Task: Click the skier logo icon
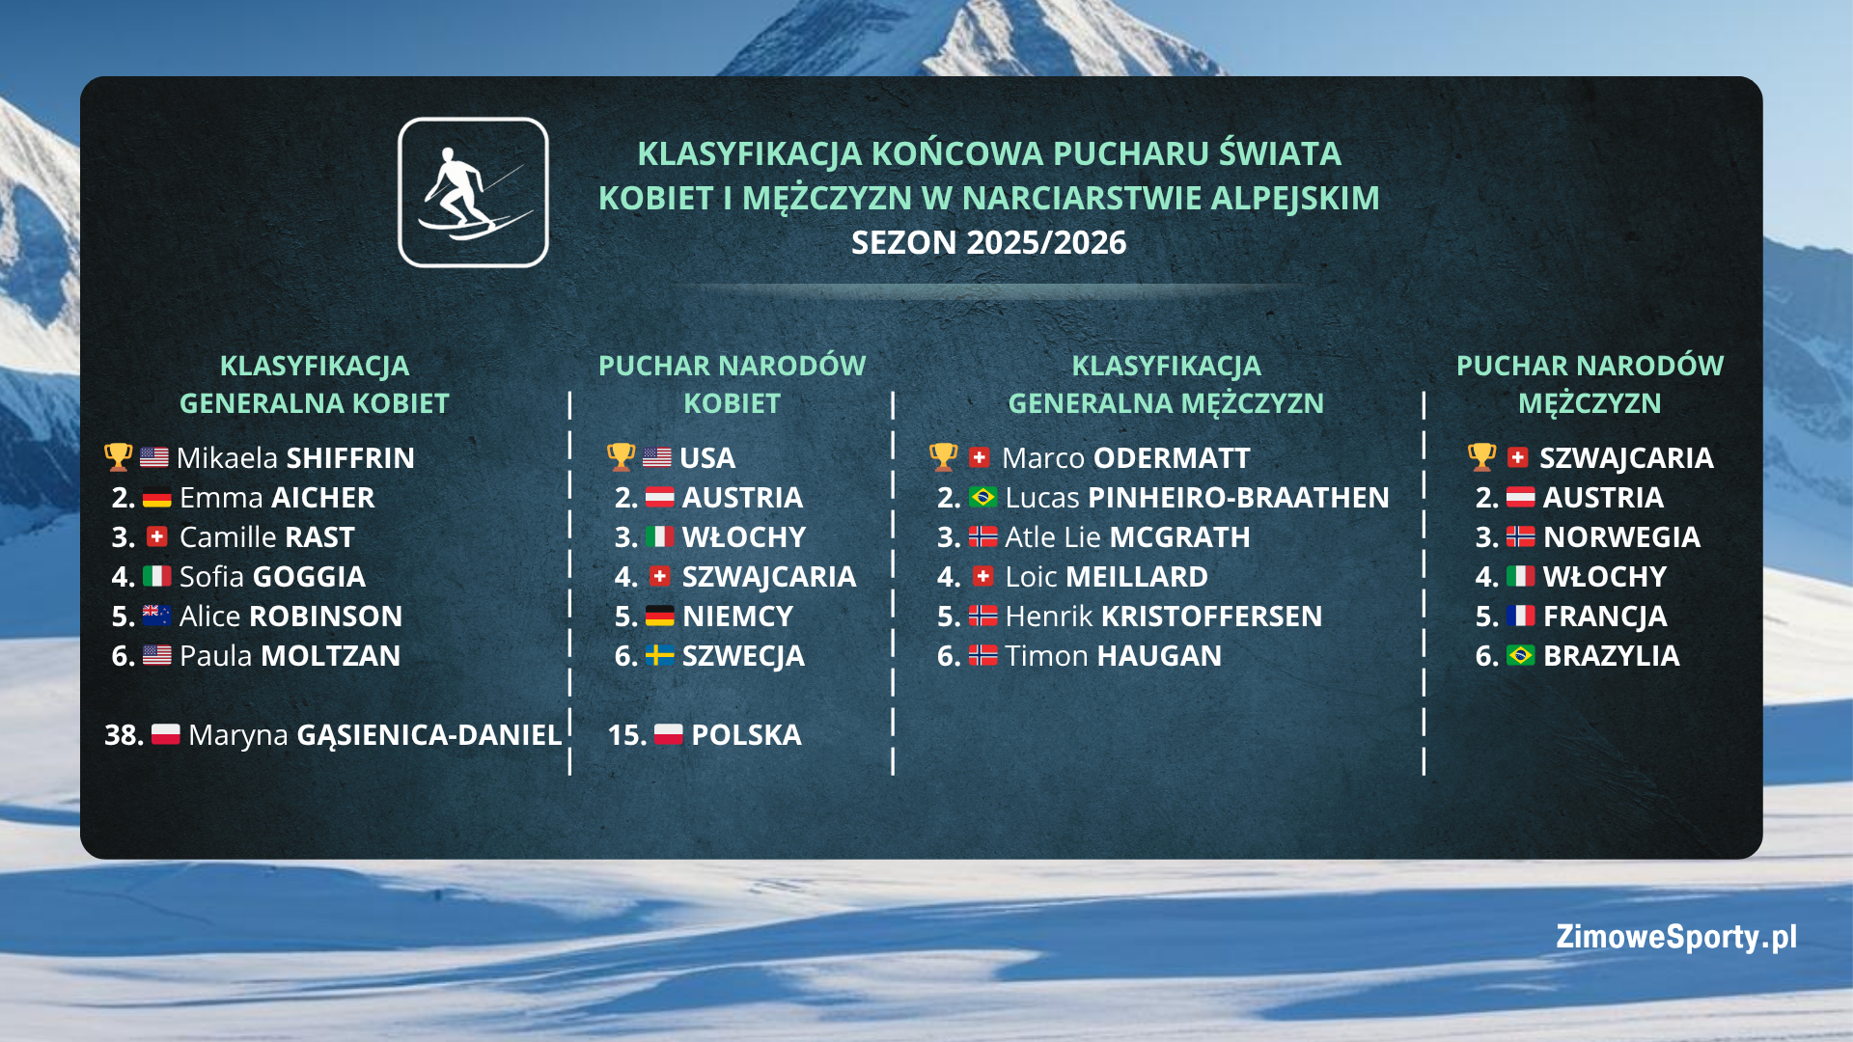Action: coord(473,193)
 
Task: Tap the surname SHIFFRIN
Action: coord(350,458)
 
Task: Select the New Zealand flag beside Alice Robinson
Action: coord(156,616)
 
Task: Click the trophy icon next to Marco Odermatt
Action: coord(943,457)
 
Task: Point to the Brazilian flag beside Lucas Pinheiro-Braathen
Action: coord(982,497)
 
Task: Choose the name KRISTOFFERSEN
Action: coord(1211,617)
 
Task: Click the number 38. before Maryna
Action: coord(124,735)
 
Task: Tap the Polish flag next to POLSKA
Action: coord(668,735)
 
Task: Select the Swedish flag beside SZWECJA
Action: coord(659,656)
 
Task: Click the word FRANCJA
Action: coord(1605,617)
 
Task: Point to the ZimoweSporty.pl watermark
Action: coord(1676,937)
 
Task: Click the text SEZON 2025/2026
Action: coord(988,242)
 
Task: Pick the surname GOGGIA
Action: coord(308,577)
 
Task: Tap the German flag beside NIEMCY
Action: coord(660,617)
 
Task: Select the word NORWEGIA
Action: coord(1621,537)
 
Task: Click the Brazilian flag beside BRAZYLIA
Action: coord(1520,656)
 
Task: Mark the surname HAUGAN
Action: coord(1159,656)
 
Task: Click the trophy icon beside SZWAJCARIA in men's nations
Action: coord(1481,457)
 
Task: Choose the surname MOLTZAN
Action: coord(330,656)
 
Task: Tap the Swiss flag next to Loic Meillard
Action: coord(982,577)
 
